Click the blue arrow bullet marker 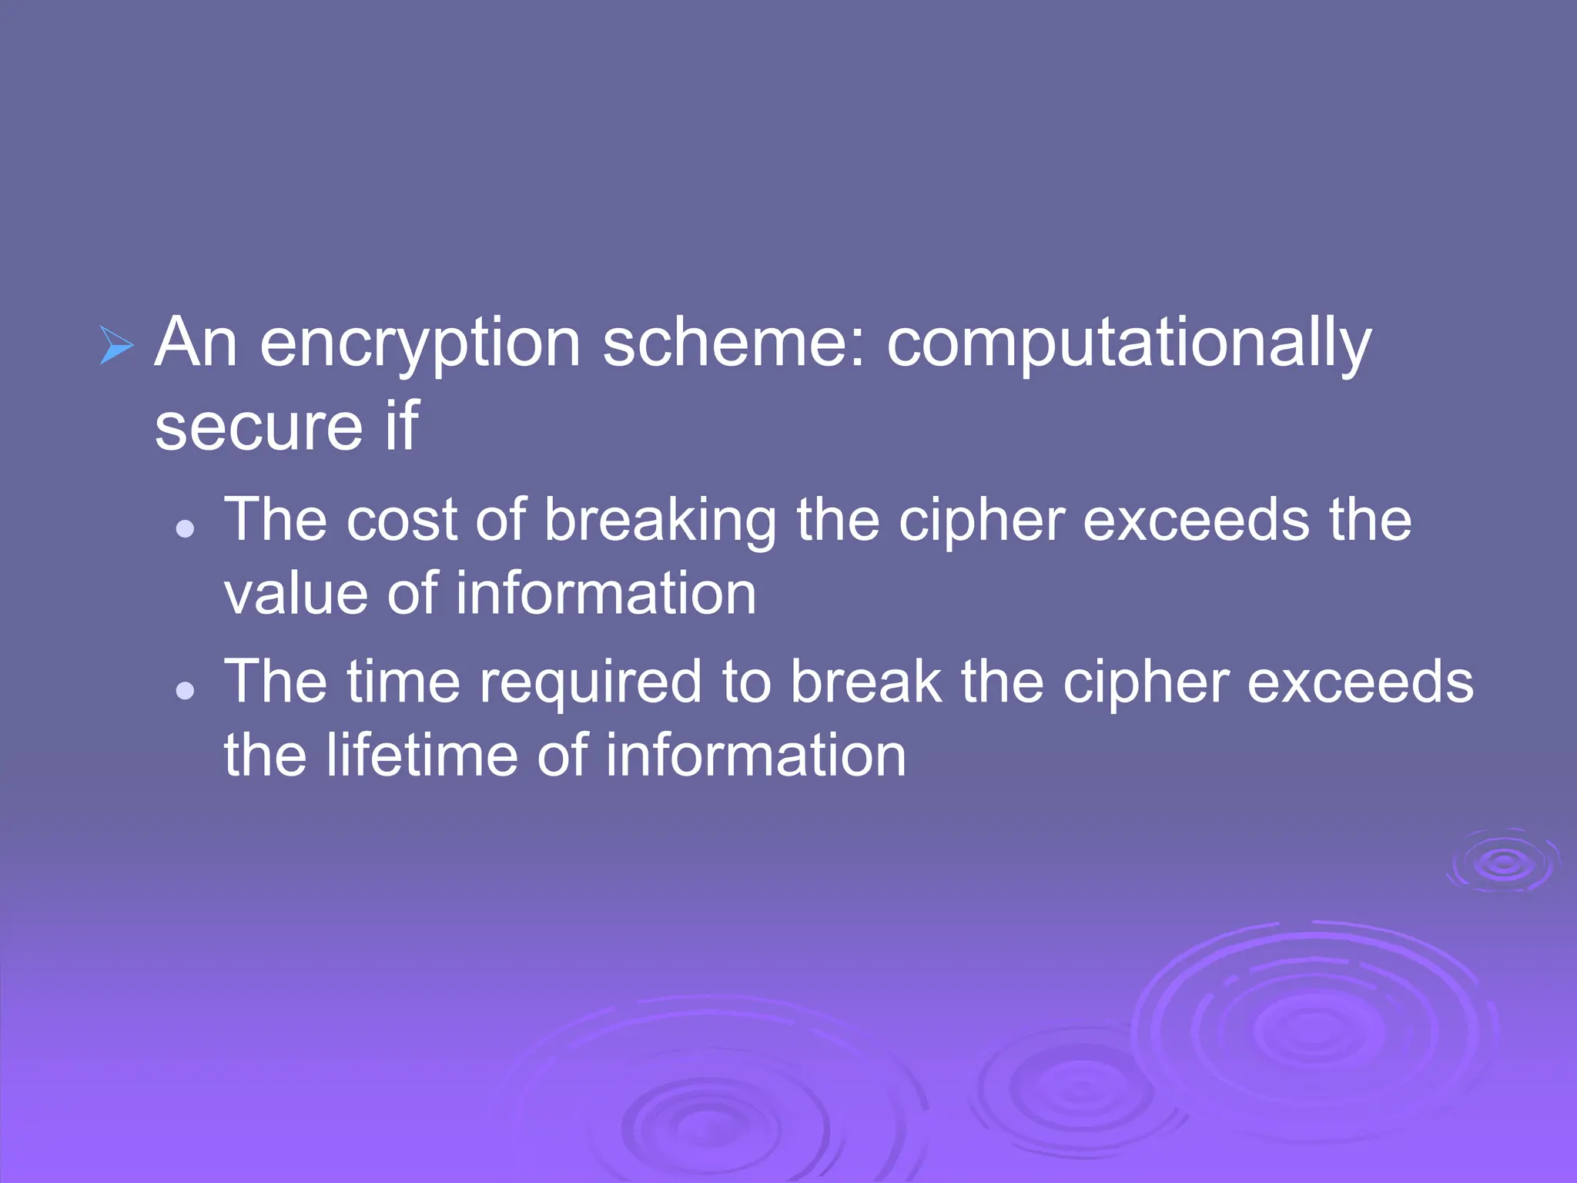(117, 345)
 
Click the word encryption (420, 344)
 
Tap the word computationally (1129, 344)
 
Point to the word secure (259, 427)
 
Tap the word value (296, 595)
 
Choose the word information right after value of (606, 594)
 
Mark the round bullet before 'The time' (185, 690)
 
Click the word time (403, 682)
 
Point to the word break (866, 682)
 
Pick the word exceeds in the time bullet (1360, 682)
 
